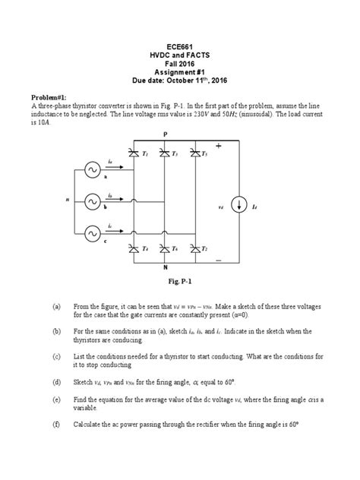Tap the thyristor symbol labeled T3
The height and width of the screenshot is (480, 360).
163,154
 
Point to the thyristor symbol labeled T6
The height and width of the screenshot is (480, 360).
163,249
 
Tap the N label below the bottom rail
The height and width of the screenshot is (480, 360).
165,269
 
